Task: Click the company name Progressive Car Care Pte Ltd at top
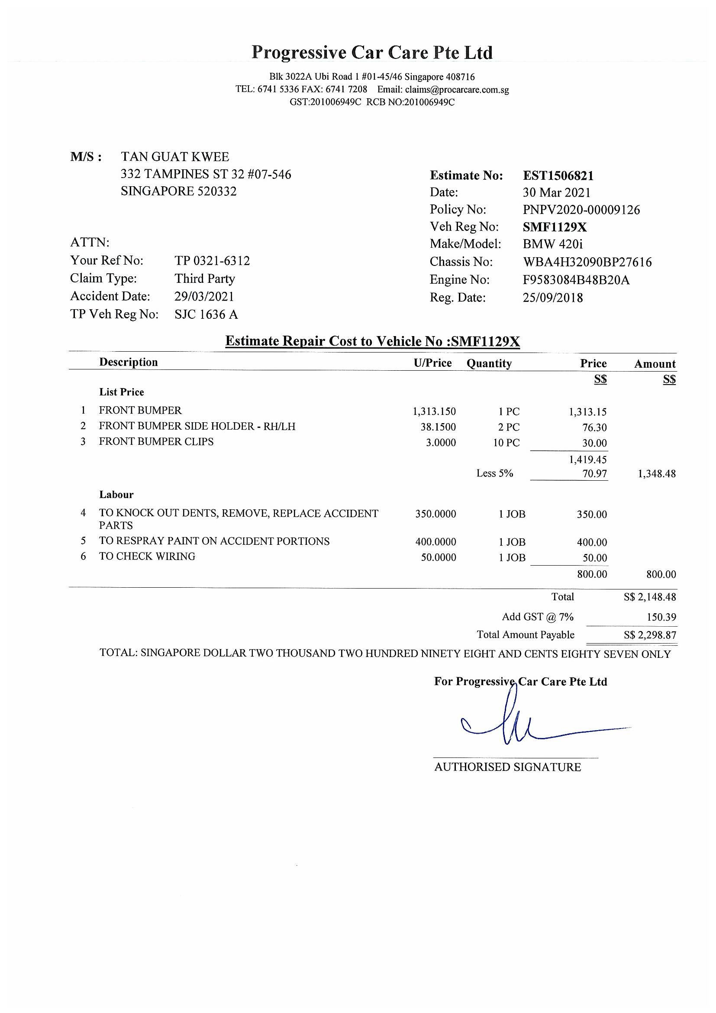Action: [372, 53]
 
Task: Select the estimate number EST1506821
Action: [558, 175]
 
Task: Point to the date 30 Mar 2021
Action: [556, 192]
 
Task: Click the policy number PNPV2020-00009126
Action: [581, 210]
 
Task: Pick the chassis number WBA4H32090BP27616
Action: [587, 262]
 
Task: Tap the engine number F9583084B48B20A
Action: [576, 280]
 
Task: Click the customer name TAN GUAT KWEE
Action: [175, 157]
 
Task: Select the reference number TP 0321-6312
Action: [212, 261]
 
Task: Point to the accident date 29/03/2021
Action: [204, 296]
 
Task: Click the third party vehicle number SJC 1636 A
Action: [206, 314]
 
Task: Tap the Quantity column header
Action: [489, 363]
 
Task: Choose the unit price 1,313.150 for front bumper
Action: [434, 411]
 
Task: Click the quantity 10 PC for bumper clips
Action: [506, 443]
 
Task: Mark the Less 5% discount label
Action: [495, 473]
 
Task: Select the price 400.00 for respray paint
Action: [592, 542]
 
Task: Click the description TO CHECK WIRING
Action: [147, 557]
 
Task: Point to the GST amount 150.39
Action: [661, 617]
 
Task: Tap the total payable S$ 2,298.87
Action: [650, 635]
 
